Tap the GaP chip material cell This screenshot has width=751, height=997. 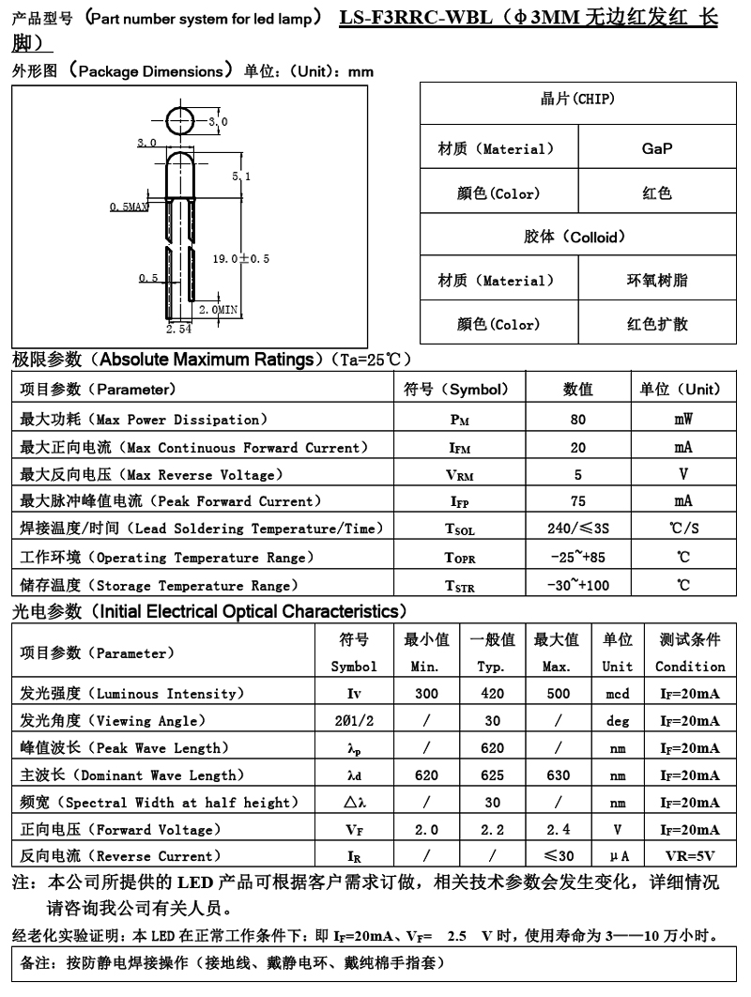click(x=656, y=148)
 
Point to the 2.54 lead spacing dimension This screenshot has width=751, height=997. click(x=178, y=330)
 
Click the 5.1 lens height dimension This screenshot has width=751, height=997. click(x=241, y=176)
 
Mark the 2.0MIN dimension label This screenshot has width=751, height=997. click(x=219, y=308)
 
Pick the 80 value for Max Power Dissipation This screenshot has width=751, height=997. click(x=577, y=420)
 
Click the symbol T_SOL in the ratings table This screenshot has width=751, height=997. click(x=460, y=529)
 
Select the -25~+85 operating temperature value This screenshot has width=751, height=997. click(x=577, y=558)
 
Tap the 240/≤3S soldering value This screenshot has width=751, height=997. click(x=577, y=529)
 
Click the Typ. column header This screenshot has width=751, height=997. click(x=491, y=667)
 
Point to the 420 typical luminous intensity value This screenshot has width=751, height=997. click(x=491, y=694)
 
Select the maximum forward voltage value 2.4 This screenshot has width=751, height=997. click(x=557, y=829)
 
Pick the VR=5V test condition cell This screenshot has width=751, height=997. click(x=689, y=856)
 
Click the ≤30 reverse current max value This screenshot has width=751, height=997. click(x=557, y=856)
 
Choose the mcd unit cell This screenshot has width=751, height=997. click(x=617, y=694)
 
